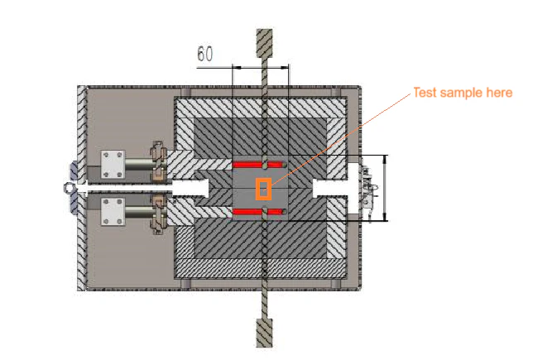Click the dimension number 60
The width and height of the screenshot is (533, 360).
[x=205, y=54]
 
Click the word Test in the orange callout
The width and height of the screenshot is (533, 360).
[x=425, y=93]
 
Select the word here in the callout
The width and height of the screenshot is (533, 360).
[x=499, y=93]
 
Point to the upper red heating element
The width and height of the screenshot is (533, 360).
[x=259, y=165]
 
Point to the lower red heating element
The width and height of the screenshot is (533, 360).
[x=259, y=212]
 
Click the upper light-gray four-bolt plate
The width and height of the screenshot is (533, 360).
[x=113, y=165]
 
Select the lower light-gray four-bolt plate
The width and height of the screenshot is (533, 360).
[x=113, y=212]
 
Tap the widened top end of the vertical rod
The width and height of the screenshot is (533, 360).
[x=264, y=43]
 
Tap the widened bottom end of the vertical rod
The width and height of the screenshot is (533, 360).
[x=264, y=334]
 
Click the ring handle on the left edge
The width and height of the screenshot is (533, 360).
[x=69, y=187]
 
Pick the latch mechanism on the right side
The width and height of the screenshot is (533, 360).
[x=368, y=188]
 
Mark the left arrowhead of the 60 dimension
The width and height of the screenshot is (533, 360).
[x=237, y=68]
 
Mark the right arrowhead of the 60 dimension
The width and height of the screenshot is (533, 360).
[x=284, y=68]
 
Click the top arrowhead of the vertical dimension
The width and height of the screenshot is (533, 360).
[x=385, y=159]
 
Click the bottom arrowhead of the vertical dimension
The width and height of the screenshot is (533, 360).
[x=385, y=217]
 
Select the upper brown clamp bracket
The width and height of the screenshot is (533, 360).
[x=158, y=161]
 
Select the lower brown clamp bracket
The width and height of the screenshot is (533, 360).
[x=158, y=214]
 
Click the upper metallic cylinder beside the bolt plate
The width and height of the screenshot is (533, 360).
[x=139, y=165]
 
